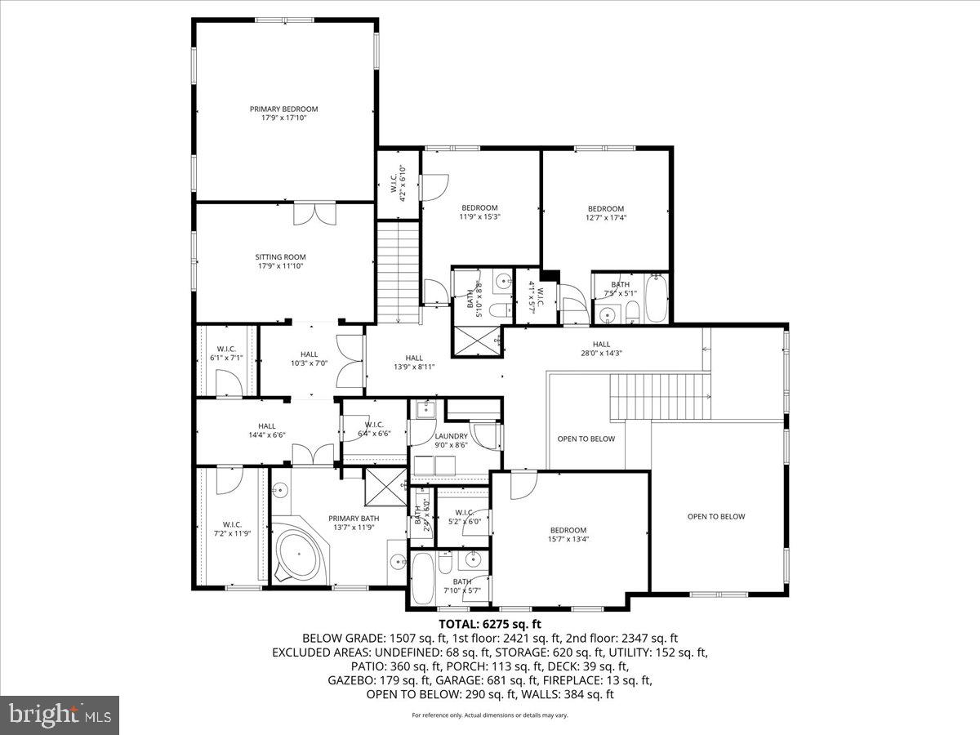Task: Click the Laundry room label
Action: pyautogui.click(x=451, y=436)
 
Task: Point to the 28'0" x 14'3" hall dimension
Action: pyautogui.click(x=601, y=354)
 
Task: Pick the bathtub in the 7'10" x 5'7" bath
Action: pyautogui.click(x=423, y=580)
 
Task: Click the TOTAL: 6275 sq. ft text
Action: pyautogui.click(x=490, y=624)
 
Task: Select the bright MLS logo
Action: pyautogui.click(x=60, y=715)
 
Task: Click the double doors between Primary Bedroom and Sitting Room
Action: pyautogui.click(x=314, y=212)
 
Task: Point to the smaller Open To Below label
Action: pyautogui.click(x=586, y=439)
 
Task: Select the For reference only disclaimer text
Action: pyautogui.click(x=490, y=715)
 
